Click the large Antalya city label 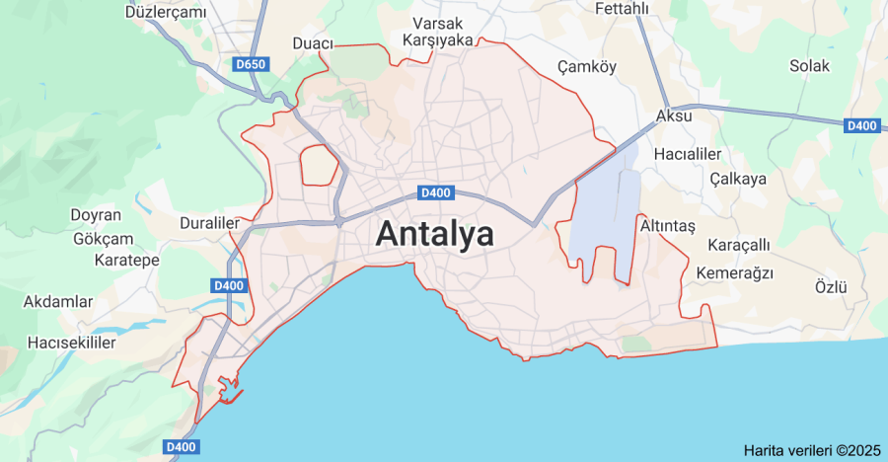(x=434, y=235)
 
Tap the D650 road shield (x=252, y=64)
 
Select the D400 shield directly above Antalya (x=434, y=192)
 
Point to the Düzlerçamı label (x=166, y=12)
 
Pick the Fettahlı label (x=622, y=9)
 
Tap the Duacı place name (x=313, y=43)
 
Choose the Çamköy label (x=586, y=66)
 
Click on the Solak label (x=809, y=66)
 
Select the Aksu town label (x=674, y=115)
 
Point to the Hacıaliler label (x=687, y=155)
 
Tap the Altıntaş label (x=668, y=226)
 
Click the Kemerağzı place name (x=734, y=272)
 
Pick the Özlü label (x=831, y=287)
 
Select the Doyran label (x=95, y=215)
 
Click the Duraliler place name (x=209, y=223)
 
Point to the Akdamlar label (x=58, y=301)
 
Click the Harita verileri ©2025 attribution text (x=812, y=450)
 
